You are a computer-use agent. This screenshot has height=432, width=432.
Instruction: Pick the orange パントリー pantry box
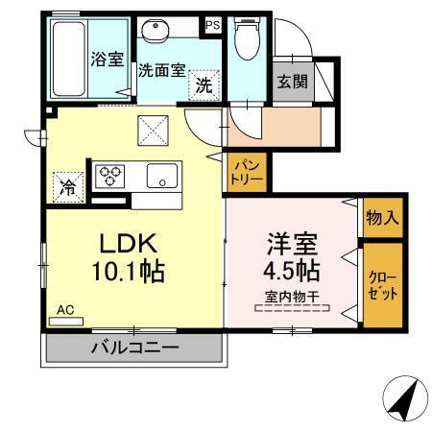point(246,174)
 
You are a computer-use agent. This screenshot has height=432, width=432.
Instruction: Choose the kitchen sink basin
point(159,177)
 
